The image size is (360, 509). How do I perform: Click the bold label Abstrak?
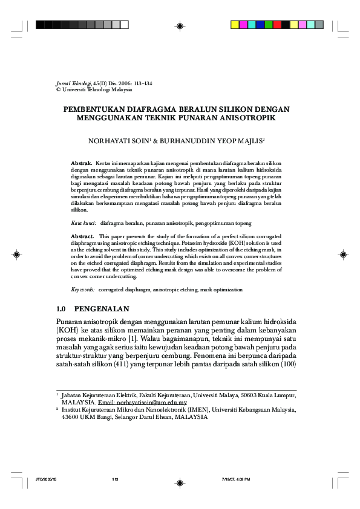(x=82, y=164)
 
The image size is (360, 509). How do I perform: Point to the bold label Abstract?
(x=82, y=236)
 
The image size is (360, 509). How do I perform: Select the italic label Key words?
(x=83, y=290)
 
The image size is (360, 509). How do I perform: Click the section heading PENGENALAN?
(x=112, y=308)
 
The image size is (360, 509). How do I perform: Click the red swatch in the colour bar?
(x=276, y=25)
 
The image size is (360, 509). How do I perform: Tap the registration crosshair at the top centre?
(x=180, y=25)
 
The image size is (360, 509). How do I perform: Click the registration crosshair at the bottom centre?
(x=180, y=482)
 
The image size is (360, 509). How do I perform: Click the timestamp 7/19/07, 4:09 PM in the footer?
(x=236, y=479)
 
